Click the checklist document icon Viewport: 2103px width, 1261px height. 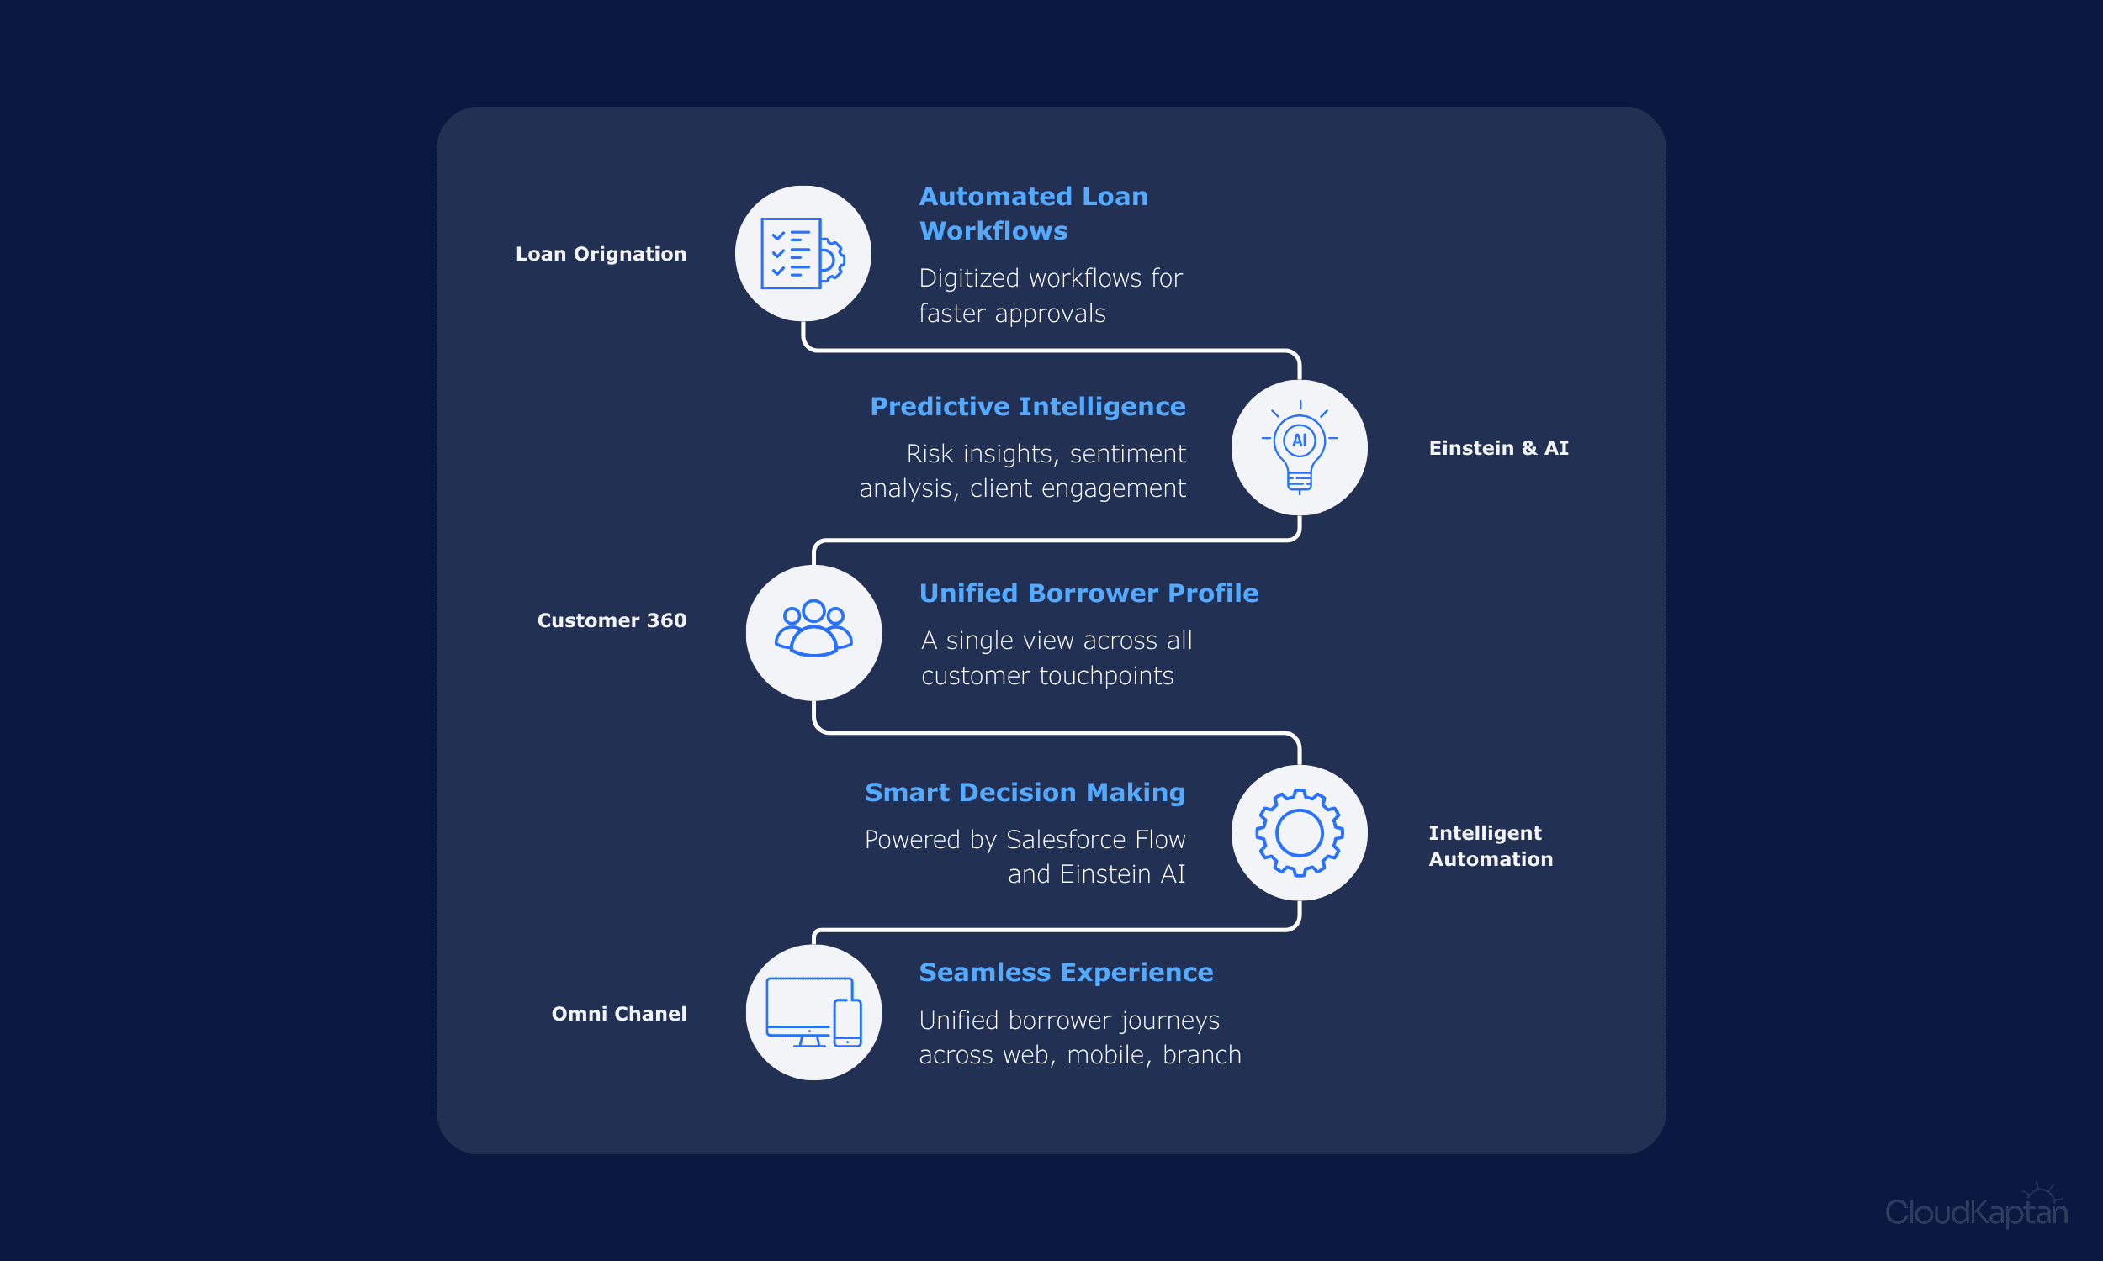coord(803,253)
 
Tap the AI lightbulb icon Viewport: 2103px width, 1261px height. coord(1299,447)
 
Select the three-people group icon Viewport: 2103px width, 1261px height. coord(813,628)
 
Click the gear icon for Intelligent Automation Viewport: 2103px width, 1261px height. coord(1299,833)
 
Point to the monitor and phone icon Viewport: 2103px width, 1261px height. coord(813,1012)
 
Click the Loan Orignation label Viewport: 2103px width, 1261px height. coord(601,254)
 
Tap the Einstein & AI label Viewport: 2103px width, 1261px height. coord(1499,448)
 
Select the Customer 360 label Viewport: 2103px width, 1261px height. coord(612,620)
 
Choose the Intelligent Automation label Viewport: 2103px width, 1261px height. coord(1491,846)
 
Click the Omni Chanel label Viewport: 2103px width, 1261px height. coord(619,1014)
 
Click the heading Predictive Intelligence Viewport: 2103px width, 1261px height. coord(1028,407)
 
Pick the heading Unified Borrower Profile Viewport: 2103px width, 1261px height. coord(1089,594)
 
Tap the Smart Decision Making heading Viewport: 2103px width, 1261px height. coord(1025,793)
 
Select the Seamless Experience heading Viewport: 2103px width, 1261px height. coord(1066,972)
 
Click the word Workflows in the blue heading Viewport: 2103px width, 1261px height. coord(993,231)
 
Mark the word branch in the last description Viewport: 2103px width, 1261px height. coord(1202,1054)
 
